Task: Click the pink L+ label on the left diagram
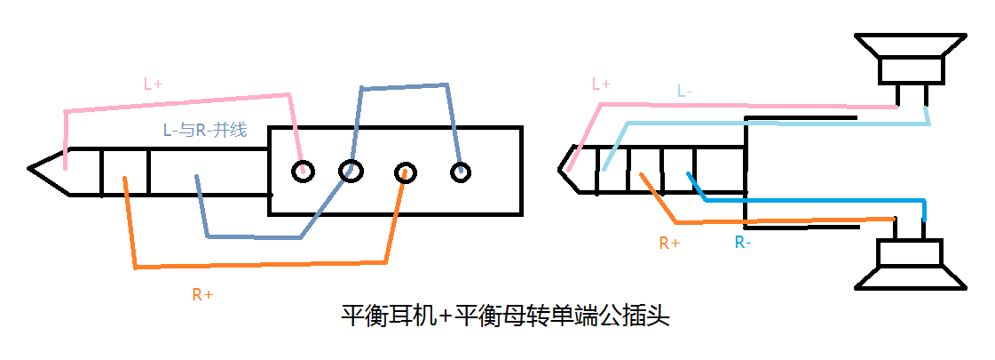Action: coord(154,84)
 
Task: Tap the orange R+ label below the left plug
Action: coord(202,293)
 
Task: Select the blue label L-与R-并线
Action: coord(204,130)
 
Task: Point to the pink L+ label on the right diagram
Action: coord(601,84)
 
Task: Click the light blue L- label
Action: coord(684,91)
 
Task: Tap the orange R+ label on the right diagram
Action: coord(669,242)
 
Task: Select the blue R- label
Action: coord(743,242)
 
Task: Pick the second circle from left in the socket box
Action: coord(351,171)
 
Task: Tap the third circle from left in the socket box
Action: coord(406,172)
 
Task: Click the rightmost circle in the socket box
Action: coord(460,172)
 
